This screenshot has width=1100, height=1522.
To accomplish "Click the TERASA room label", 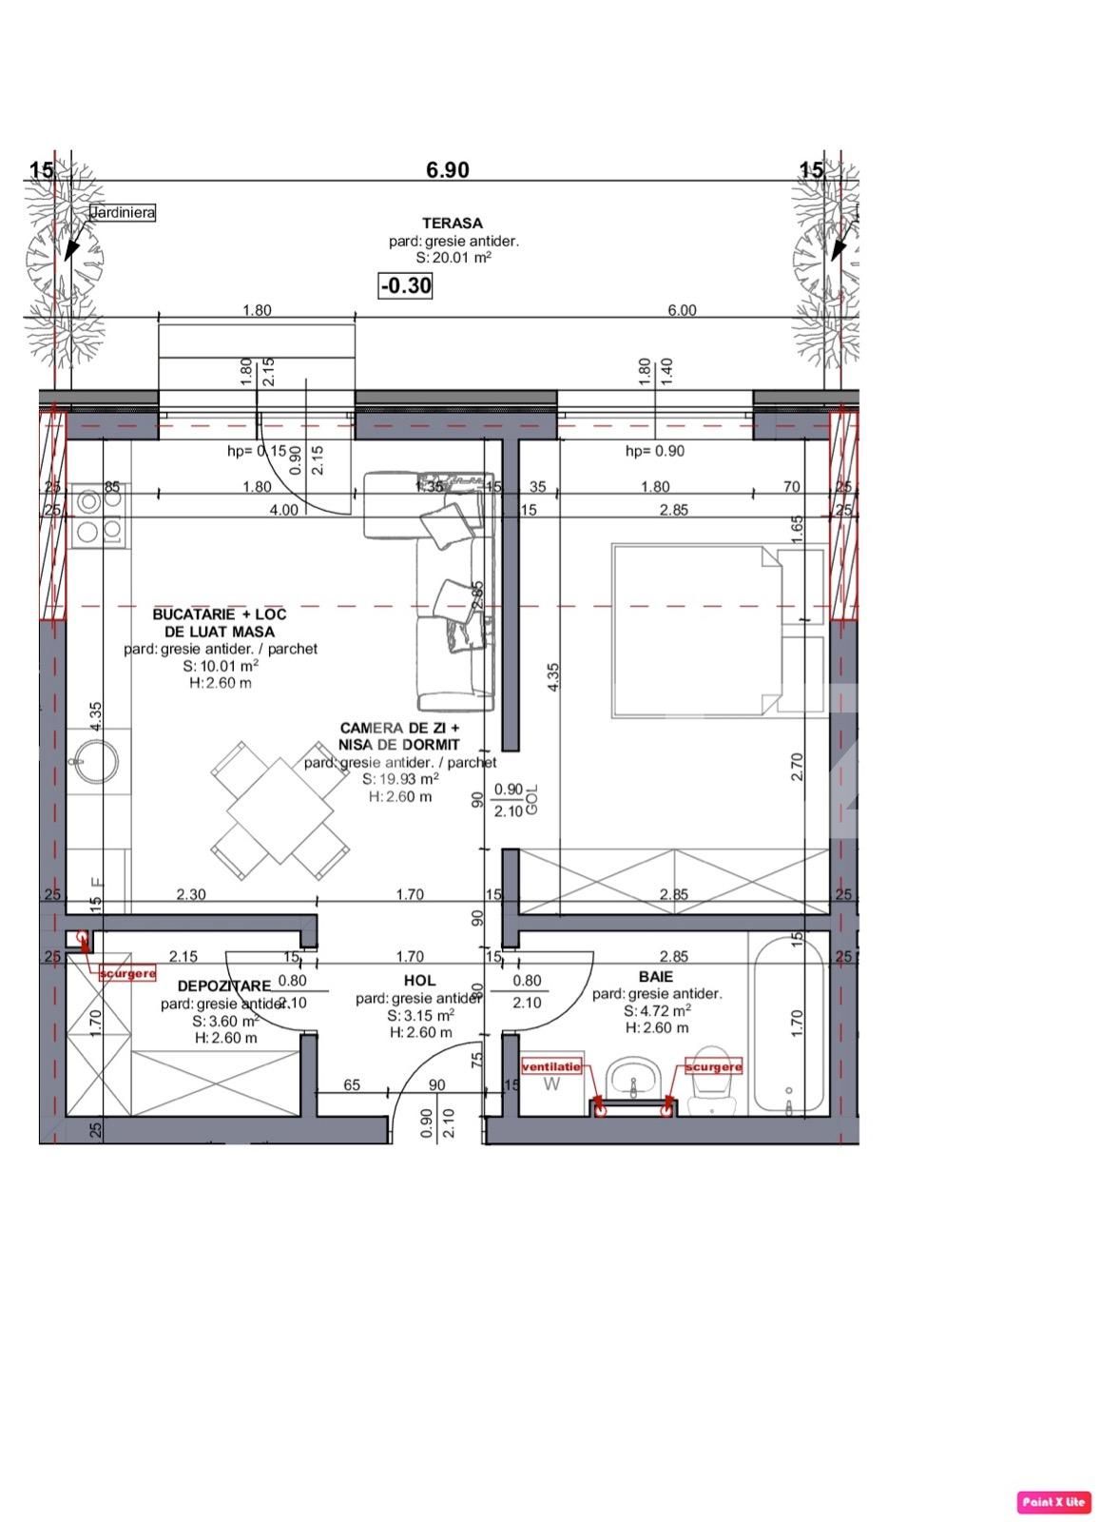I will pyautogui.click(x=453, y=224).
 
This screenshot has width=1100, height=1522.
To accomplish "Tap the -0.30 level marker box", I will pyautogui.click(x=406, y=285).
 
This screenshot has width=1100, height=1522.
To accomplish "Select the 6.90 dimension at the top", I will pyautogui.click(x=447, y=170).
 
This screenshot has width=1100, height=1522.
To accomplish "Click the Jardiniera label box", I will pyautogui.click(x=123, y=213).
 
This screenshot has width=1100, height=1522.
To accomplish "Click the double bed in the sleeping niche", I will pyautogui.click(x=694, y=629).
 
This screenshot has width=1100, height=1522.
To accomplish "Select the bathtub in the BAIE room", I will pyautogui.click(x=788, y=1024).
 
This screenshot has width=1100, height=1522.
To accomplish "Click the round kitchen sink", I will pyautogui.click(x=96, y=760).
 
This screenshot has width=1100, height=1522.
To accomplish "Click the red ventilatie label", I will pyautogui.click(x=551, y=1067).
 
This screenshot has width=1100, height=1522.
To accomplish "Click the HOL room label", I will pyautogui.click(x=419, y=980).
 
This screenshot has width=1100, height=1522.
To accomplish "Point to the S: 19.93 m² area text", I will pyautogui.click(x=400, y=778).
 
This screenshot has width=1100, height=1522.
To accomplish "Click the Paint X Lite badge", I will pyautogui.click(x=1053, y=1502).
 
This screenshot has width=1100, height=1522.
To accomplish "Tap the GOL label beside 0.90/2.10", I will pyautogui.click(x=532, y=799).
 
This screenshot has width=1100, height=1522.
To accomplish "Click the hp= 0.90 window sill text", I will pyautogui.click(x=654, y=451).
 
